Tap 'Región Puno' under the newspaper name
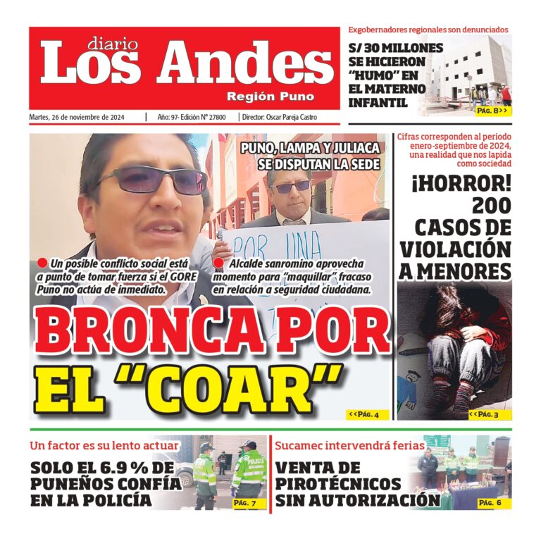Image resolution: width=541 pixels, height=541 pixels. [270, 97]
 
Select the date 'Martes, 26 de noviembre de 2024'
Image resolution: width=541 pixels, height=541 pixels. [77, 118]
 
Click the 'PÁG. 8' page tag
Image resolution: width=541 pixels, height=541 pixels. [491, 111]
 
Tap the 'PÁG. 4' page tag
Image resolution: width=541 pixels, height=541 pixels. [367, 415]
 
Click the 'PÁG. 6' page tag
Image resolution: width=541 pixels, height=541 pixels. [491, 503]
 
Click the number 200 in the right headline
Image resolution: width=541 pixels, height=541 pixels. [491, 206]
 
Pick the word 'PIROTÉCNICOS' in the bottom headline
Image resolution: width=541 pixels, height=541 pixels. [338, 485]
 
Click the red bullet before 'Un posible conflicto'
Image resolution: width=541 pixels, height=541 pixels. [42, 263]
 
